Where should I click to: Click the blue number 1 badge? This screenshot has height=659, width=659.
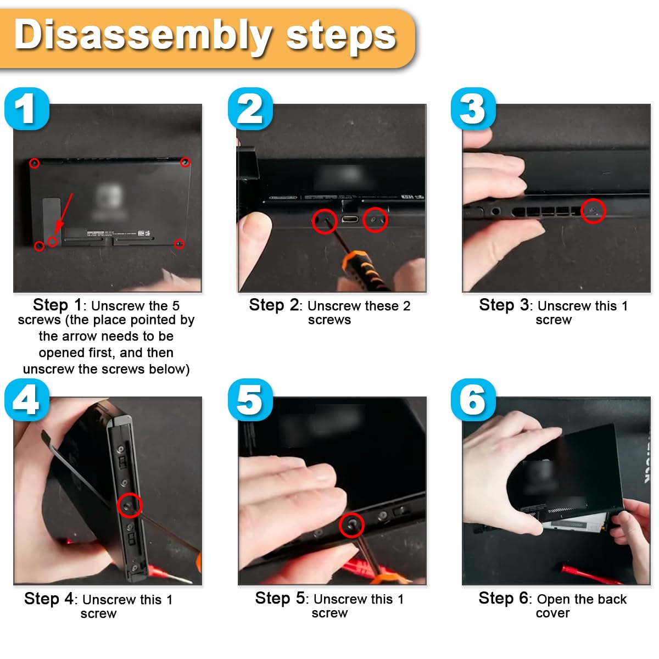coord(27,109)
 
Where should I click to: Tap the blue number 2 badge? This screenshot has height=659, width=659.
coord(250,109)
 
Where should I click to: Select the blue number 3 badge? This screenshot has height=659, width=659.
coord(473,109)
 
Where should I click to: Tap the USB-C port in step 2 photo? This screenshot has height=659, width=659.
coord(350,219)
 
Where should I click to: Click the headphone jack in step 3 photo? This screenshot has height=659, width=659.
coord(495,211)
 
